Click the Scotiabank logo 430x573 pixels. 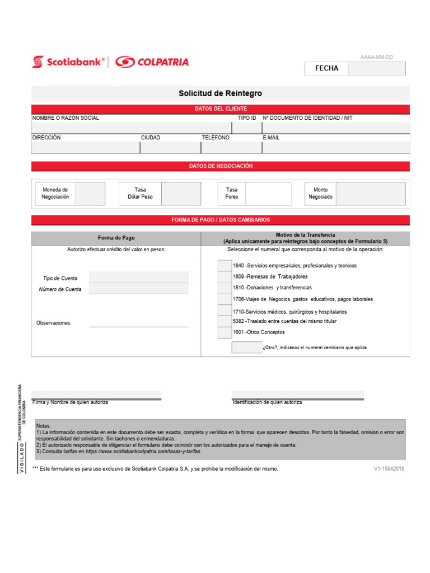68,62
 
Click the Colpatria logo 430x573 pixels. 152,62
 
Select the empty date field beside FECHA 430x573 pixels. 376,68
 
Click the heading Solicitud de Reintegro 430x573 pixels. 220,93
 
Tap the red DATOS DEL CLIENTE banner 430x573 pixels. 220,109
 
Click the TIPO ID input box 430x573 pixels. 246,128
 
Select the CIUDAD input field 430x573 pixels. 170,148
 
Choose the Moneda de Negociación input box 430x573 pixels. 90,194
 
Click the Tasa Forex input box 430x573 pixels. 268,194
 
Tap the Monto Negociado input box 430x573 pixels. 371,194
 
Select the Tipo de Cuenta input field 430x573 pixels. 139,278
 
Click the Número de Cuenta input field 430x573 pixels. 139,289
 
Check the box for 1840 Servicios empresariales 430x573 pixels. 225,265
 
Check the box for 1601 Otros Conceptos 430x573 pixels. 225,332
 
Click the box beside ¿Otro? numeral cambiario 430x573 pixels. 246,347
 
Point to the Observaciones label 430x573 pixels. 54,323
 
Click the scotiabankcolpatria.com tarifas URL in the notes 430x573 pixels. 143,451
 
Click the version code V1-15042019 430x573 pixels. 389,469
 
